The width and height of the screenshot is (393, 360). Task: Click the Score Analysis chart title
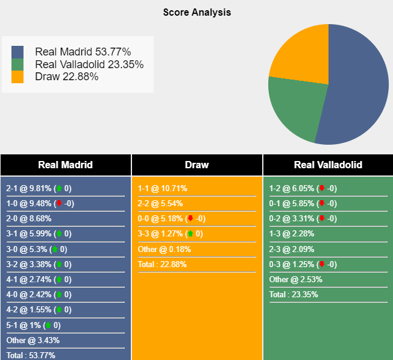(x=196, y=12)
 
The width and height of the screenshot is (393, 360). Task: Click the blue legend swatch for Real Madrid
(x=17, y=52)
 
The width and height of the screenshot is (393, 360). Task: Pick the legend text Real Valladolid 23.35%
(x=89, y=65)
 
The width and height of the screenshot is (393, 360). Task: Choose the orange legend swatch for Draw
(x=17, y=77)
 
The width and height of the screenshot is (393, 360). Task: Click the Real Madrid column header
(x=65, y=165)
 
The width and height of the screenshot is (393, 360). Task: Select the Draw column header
(x=196, y=165)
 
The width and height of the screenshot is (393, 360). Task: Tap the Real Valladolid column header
(x=328, y=165)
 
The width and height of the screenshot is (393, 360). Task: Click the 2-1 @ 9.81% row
(x=39, y=188)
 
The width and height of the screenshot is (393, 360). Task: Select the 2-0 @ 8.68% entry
(x=29, y=218)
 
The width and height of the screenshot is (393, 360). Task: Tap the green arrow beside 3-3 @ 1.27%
(x=190, y=234)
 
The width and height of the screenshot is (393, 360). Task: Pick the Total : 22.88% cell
(x=162, y=264)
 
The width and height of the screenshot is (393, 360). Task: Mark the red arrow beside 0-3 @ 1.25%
(x=322, y=264)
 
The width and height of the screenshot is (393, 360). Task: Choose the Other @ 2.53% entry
(x=296, y=279)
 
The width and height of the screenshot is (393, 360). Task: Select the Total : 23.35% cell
(x=294, y=294)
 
